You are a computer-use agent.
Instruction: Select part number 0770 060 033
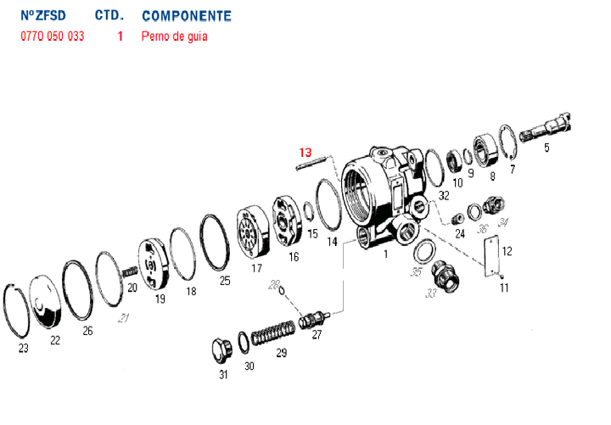tap(52, 36)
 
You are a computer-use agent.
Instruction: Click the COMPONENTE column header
tap(186, 16)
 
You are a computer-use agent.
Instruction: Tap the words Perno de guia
tap(174, 36)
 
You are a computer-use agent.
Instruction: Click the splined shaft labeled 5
tap(550, 130)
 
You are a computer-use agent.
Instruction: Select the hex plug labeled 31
tap(222, 348)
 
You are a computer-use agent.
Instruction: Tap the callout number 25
tap(225, 280)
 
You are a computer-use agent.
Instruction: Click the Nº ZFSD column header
tap(42, 16)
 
